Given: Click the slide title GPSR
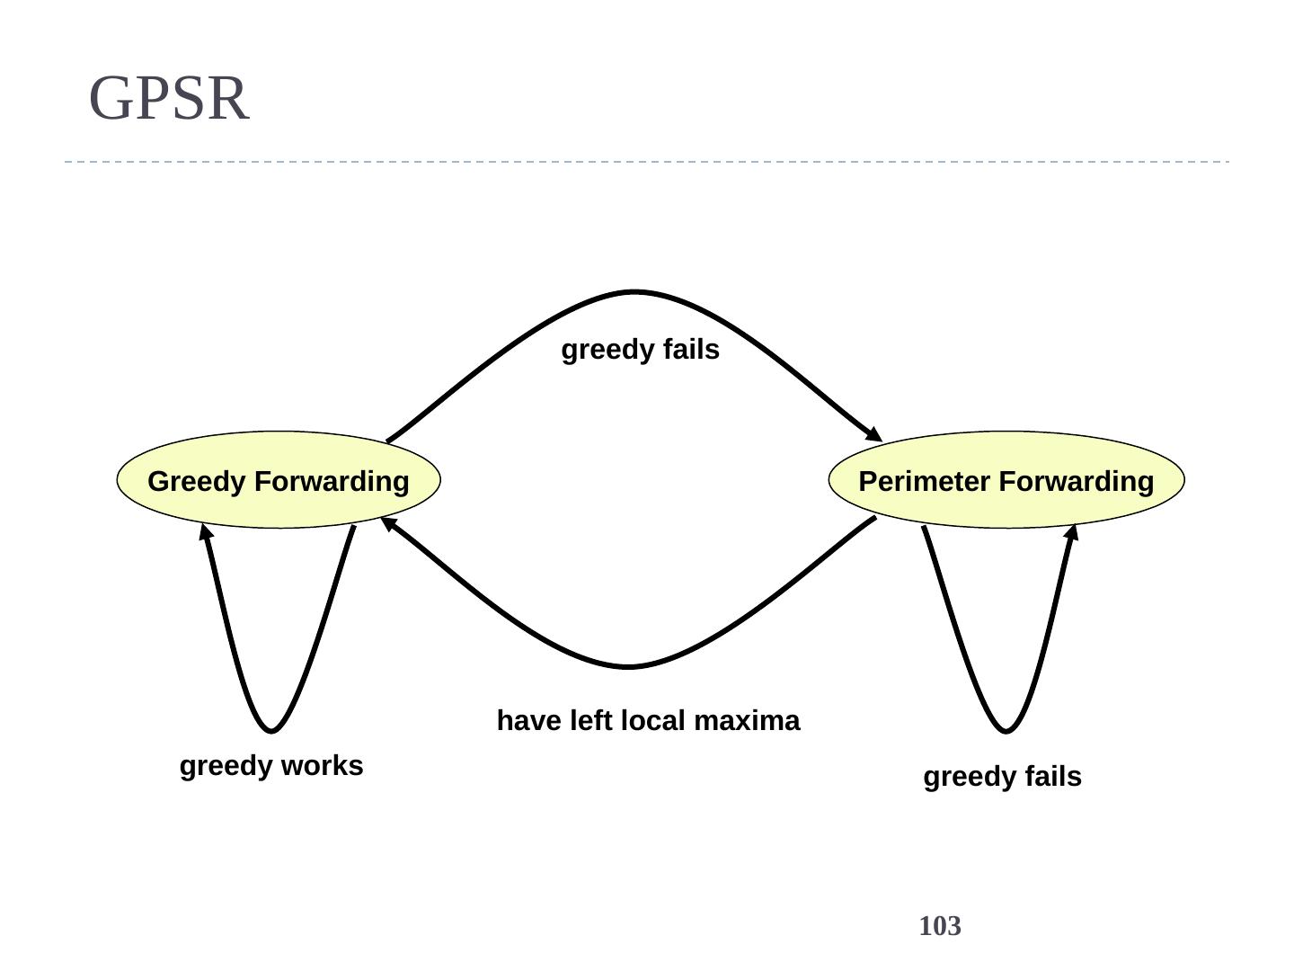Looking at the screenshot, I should click(169, 98).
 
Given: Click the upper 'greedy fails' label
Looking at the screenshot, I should click(640, 350).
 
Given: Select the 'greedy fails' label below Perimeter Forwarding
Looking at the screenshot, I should click(1002, 777).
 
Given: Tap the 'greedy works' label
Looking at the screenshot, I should click(271, 766).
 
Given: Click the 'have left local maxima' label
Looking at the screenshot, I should click(648, 721).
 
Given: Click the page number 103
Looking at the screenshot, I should click(940, 926).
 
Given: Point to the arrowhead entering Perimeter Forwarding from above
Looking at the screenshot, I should click(873, 434).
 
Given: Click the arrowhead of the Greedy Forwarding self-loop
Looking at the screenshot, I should click(206, 533).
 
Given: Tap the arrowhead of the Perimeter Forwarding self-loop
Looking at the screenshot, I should click(1071, 532).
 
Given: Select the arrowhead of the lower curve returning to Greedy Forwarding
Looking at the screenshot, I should click(389, 523).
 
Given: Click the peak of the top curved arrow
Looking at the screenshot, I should click(634, 292).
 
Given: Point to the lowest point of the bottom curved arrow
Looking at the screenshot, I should click(629, 666).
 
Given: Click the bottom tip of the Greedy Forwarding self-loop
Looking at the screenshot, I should click(271, 730).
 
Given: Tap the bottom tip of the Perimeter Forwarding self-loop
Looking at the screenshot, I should click(1006, 730).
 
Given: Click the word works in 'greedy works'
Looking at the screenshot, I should click(322, 766).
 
